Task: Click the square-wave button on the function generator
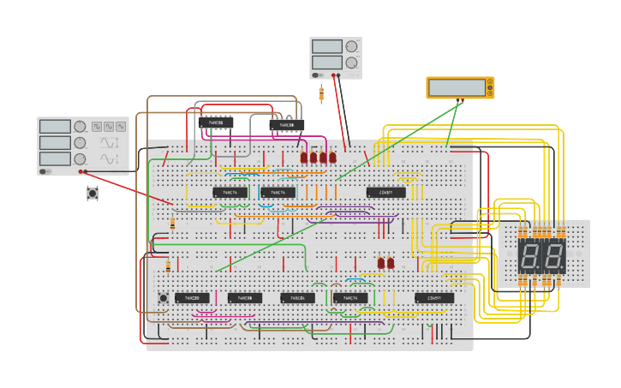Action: pos(97,126)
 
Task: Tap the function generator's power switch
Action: pos(44,170)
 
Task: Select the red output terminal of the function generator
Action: pos(81,170)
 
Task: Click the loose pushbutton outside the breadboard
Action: pos(93,194)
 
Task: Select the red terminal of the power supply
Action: pos(333,75)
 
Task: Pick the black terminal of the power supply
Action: pos(339,75)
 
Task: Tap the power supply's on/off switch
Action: pos(317,75)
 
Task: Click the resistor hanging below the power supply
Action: pos(321,93)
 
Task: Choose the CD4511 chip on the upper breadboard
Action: pos(386,193)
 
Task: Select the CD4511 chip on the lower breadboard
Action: pos(434,298)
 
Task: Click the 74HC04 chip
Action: pos(297,298)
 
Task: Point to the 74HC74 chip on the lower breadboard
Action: pos(349,298)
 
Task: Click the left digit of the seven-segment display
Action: pos(530,254)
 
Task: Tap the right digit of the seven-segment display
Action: pos(554,254)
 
